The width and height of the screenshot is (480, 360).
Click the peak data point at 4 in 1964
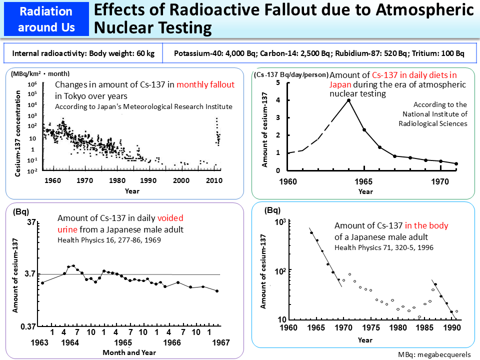pos(348,100)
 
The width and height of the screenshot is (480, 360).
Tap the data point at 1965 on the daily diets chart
pos(364,130)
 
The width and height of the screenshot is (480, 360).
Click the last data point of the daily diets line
pos(456,163)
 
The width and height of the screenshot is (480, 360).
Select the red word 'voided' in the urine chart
pos(170,218)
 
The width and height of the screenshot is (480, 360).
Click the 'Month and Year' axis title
pos(128,352)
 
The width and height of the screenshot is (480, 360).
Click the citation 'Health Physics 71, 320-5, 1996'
pos(384,247)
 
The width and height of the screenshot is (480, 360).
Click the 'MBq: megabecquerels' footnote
pos(434,354)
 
